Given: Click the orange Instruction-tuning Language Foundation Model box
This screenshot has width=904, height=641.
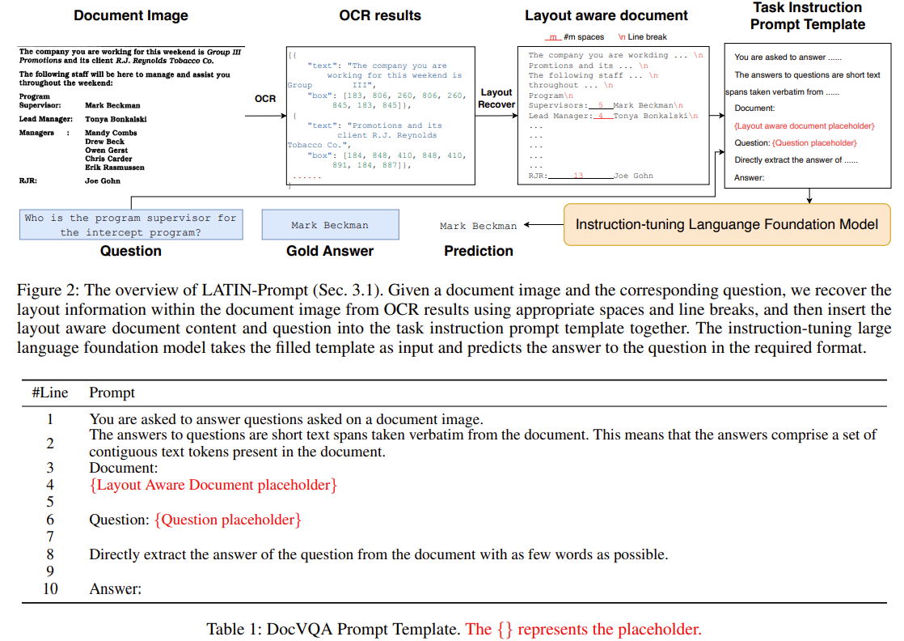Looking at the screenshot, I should tap(726, 223).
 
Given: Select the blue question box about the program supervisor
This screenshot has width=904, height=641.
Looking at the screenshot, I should tap(131, 225).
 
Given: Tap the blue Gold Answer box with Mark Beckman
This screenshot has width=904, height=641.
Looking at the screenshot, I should tap(330, 225).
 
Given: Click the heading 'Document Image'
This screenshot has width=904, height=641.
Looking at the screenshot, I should tap(131, 15).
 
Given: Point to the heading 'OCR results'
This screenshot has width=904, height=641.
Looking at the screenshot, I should tap(380, 15).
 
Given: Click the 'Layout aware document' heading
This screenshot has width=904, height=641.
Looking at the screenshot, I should tap(606, 15).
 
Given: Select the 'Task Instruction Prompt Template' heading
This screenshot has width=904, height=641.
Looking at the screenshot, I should tap(807, 15).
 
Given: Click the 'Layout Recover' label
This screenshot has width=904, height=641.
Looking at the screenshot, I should tap(496, 98).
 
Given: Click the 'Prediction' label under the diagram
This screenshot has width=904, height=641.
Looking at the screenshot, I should tap(479, 251).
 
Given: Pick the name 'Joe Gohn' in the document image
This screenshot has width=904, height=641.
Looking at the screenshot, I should tap(103, 181).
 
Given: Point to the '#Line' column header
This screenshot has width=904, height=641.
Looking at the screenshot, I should tap(50, 393).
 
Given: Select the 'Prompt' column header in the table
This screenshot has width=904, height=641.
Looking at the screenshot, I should tap(112, 393).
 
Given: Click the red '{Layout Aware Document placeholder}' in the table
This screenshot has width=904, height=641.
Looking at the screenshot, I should tap(213, 485).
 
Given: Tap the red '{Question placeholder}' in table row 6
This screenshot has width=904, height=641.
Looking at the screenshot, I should tap(228, 520).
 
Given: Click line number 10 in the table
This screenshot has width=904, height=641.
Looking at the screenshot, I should tap(50, 588).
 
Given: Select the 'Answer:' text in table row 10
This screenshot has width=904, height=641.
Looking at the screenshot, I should tap(115, 588).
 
